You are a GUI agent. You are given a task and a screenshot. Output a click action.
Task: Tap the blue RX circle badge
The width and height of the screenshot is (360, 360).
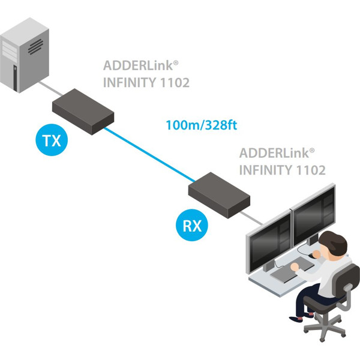click(191, 226)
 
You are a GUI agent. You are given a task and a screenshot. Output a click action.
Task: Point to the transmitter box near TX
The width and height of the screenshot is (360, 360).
click(83, 112)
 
